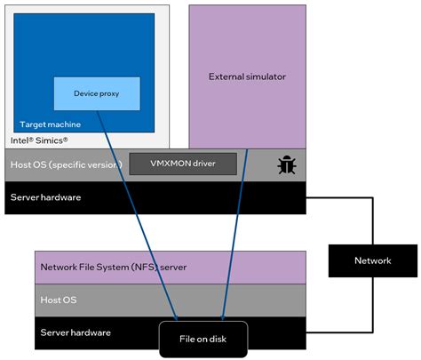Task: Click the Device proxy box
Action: [x=97, y=93]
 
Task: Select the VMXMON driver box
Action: [x=183, y=164]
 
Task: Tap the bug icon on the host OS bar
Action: [x=287, y=164]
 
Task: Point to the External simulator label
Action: [x=247, y=77]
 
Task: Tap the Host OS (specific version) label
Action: [x=67, y=164]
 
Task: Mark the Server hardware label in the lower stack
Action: [x=75, y=332]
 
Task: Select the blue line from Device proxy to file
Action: [x=142, y=213]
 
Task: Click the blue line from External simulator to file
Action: [x=232, y=231]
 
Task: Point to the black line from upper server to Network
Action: [x=365, y=213]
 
